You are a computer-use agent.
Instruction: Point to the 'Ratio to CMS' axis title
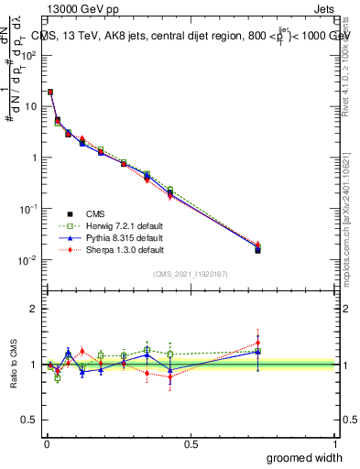[x=14, y=366]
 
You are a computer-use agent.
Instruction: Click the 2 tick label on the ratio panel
[x=35, y=309]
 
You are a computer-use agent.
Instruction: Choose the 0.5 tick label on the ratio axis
[x=30, y=420]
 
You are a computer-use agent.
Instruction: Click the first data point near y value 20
[x=50, y=92]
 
